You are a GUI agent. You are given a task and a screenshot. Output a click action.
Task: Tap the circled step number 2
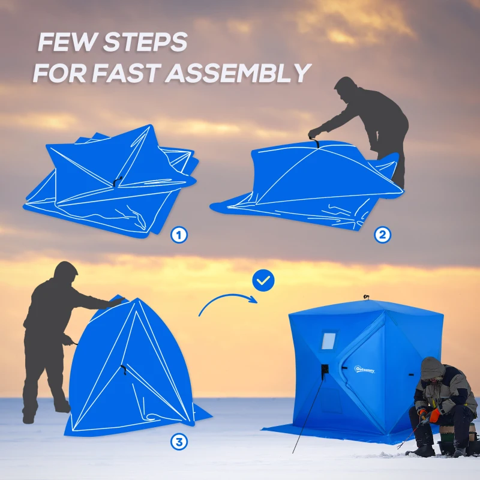382,235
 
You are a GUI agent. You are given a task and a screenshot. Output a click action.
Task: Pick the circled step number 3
178,442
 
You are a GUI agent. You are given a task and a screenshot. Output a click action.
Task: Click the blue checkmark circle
263,280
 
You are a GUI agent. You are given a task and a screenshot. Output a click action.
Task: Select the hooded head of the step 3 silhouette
65,274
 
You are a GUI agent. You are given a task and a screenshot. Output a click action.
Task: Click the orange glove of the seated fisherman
434,415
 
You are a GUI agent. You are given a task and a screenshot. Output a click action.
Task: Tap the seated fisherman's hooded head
432,368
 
